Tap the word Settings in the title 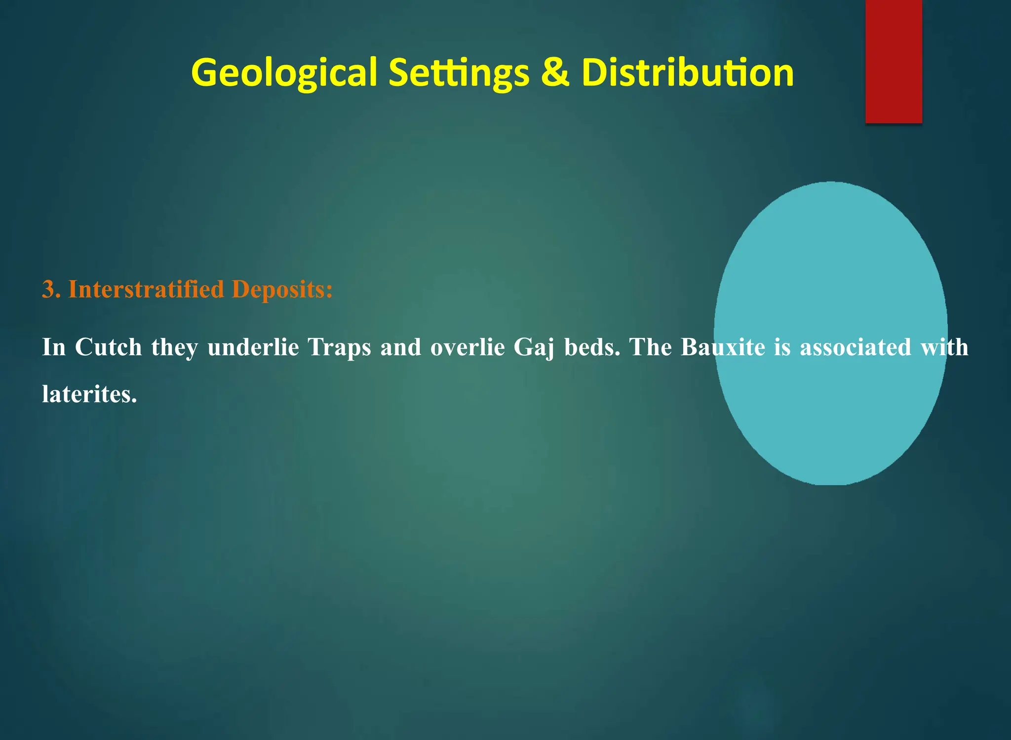coord(459,73)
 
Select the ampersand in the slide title coord(555,73)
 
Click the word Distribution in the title coord(687,73)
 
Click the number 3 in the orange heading coord(48,289)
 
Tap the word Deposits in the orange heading coord(281,289)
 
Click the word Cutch coord(108,347)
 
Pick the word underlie coord(253,347)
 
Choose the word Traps coord(339,347)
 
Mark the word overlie coord(467,347)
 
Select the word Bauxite coord(723,347)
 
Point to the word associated coord(855,347)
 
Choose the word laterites coord(89,394)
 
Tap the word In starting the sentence coord(53,347)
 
